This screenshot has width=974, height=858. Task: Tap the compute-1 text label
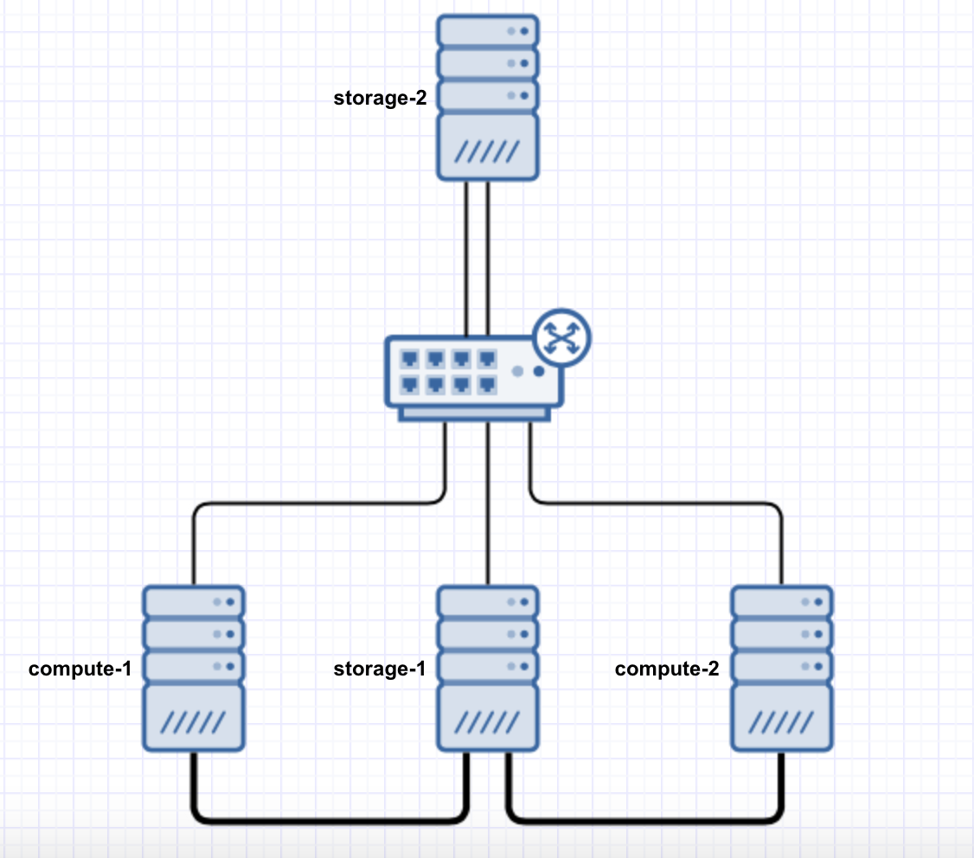pos(80,669)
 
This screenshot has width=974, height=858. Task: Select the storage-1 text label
pos(380,669)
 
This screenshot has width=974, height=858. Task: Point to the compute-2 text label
pos(666,669)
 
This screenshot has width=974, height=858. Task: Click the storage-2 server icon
pos(487,97)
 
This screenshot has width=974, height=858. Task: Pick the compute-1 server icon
pos(194,668)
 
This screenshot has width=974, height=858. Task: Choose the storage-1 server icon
pos(487,668)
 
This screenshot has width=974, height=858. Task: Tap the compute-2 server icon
pos(782,668)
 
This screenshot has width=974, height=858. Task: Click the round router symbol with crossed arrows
pos(562,336)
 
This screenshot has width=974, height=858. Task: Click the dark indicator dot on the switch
pos(539,371)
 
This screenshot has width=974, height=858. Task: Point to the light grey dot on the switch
pos(517,371)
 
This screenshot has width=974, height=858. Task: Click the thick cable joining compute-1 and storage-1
pos(329,817)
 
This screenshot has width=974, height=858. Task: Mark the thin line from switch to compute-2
pos(657,503)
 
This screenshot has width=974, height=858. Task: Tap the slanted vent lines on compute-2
pos(782,721)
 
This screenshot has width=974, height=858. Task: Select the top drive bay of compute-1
pos(194,601)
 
